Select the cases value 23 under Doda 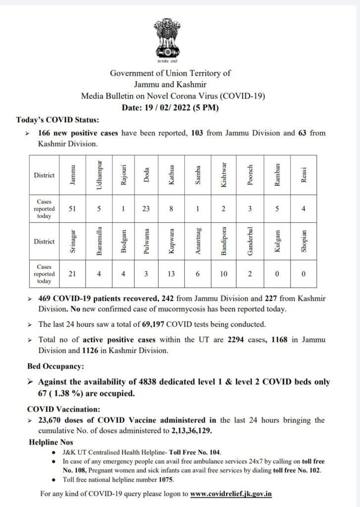coord(147,209)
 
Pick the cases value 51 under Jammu coord(73,209)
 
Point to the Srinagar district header coord(73,242)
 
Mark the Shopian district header coord(304,242)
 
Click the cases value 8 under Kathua coord(172,209)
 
